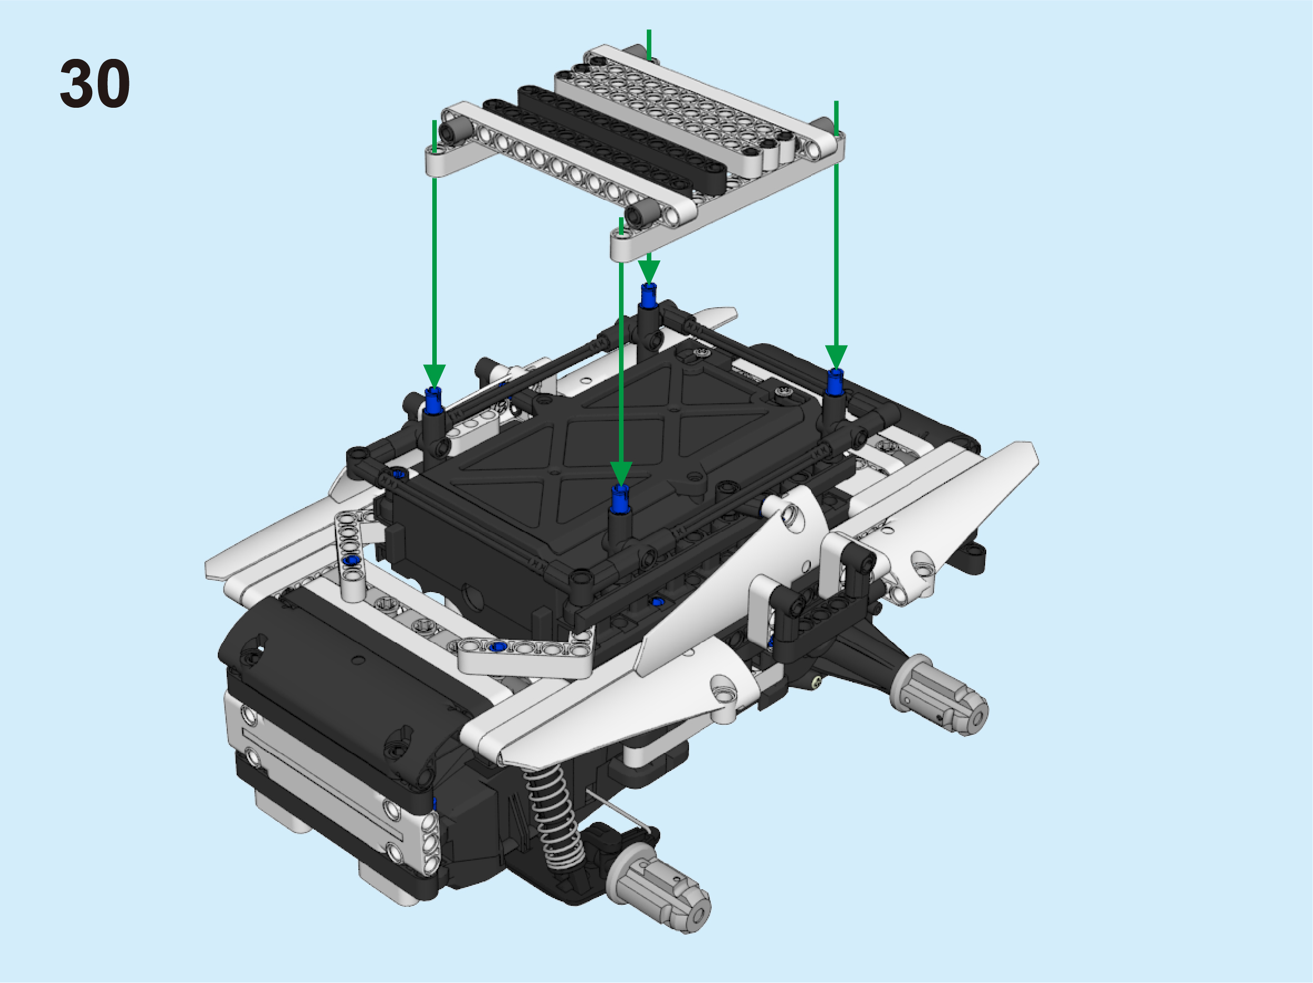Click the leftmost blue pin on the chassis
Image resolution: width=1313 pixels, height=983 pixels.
pos(434,400)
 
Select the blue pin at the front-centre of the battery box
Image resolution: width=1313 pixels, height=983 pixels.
pos(620,498)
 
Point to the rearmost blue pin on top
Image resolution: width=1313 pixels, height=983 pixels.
pos(649,295)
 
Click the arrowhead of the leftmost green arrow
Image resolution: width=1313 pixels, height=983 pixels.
pos(434,376)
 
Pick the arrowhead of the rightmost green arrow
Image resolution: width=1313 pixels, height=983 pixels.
pos(836,358)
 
